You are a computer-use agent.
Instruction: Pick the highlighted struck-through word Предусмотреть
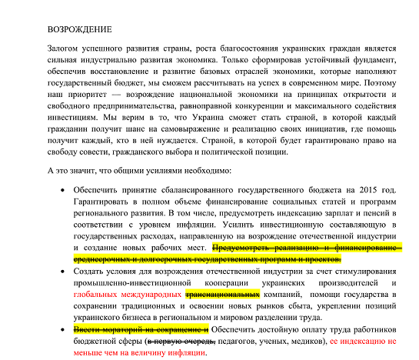(x=244, y=248)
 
